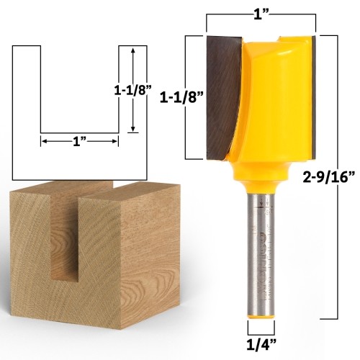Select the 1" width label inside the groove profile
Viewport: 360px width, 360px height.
79,142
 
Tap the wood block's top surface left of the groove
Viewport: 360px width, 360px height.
43,192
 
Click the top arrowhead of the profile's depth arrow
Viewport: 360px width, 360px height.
132,51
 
